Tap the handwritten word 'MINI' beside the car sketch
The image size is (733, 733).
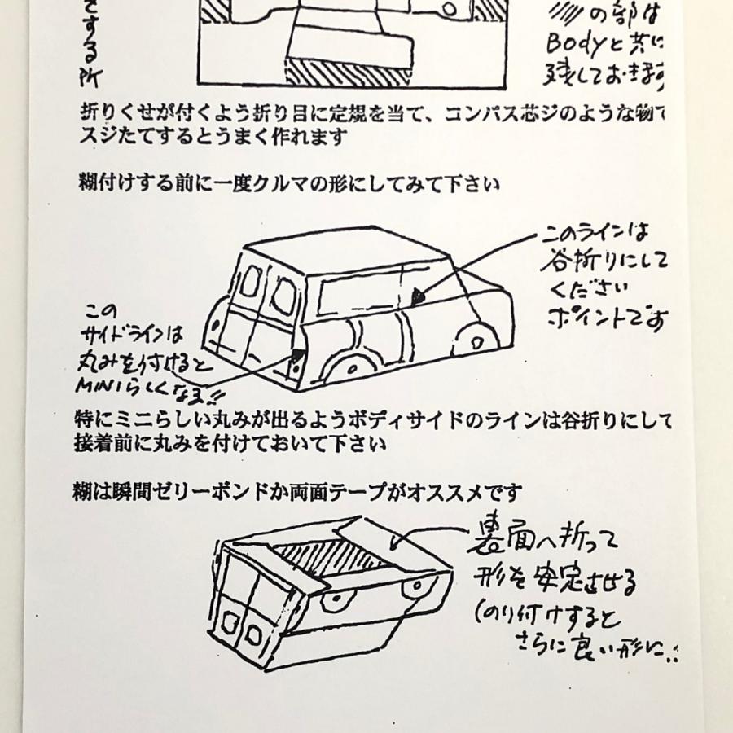[x=96, y=382]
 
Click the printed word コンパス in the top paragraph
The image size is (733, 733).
[x=476, y=113]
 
